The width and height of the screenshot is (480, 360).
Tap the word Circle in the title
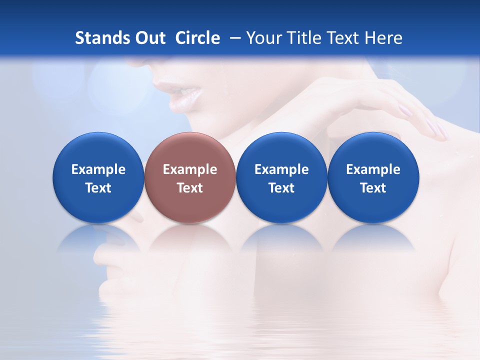point(197,38)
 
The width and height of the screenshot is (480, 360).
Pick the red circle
point(190,177)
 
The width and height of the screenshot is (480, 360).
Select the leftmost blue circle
point(98,177)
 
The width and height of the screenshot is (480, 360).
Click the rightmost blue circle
point(373,177)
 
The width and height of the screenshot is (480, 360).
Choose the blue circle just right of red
point(281,177)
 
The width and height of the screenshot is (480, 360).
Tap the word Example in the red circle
point(190,169)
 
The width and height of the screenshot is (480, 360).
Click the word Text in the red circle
point(190,188)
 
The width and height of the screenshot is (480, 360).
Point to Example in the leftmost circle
point(98,169)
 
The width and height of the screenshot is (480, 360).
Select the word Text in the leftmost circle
point(98,188)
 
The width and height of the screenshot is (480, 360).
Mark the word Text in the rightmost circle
point(373,188)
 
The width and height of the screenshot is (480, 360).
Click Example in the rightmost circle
point(373,169)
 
